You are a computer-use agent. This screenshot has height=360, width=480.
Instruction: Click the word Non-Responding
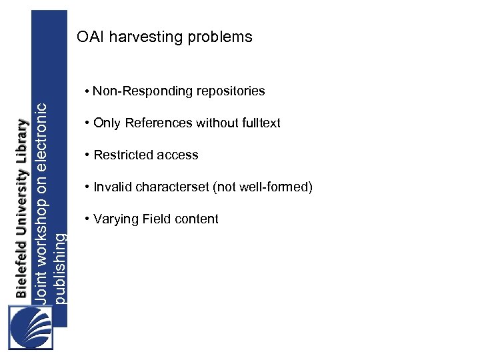point(135,91)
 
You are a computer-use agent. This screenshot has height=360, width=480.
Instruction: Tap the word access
point(177,155)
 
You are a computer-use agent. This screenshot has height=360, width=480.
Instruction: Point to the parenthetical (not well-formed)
point(263,187)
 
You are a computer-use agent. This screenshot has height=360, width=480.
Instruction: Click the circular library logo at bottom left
point(30,327)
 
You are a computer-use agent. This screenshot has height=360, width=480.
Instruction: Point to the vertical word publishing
point(61,267)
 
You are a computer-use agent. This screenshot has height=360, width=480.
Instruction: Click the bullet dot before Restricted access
point(87,155)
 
